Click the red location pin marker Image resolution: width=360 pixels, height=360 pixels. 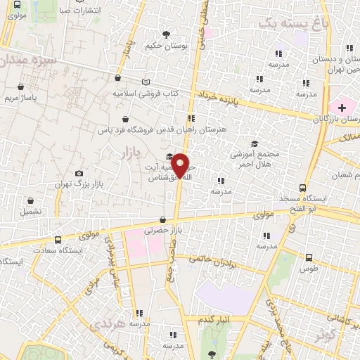(181, 165)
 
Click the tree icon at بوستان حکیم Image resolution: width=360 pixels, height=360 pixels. (166, 34)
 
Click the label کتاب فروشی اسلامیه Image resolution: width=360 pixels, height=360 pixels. (146, 92)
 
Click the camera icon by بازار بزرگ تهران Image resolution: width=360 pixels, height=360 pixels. (79, 173)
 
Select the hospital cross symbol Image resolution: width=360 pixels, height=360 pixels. (341, 108)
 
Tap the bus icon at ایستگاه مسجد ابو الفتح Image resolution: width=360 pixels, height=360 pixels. (302, 188)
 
